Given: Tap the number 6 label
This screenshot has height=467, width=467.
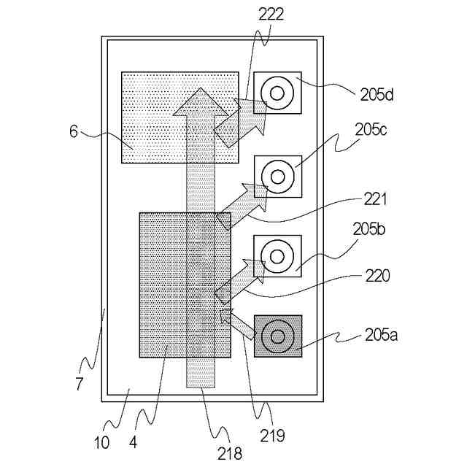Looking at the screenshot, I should (x=74, y=131).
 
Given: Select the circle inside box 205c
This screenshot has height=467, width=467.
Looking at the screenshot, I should (x=277, y=176).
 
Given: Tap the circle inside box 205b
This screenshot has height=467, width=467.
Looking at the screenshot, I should (x=277, y=256).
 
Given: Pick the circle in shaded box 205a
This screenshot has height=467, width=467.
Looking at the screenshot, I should (x=277, y=336).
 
